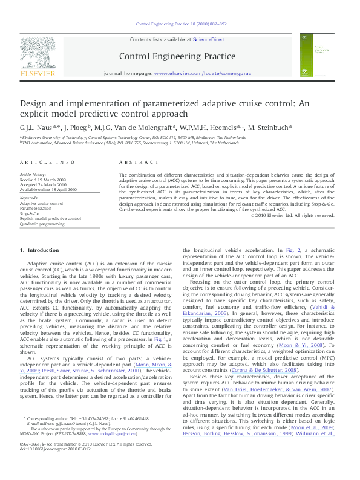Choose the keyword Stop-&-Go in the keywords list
(31, 213)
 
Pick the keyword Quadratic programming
(42, 223)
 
